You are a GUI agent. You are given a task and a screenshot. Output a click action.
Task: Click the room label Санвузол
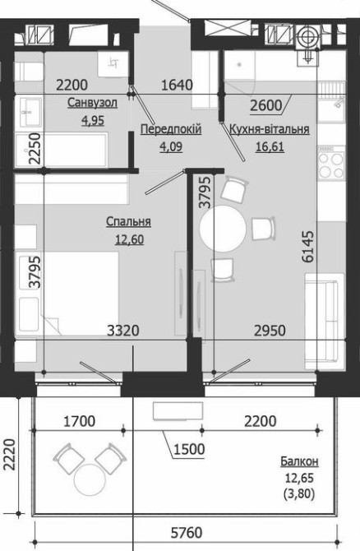tap(92, 103)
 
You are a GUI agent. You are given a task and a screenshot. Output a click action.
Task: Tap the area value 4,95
tap(93, 121)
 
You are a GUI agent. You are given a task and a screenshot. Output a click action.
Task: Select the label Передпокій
tap(171, 129)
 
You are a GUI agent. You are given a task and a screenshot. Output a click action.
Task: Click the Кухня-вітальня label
tap(270, 129)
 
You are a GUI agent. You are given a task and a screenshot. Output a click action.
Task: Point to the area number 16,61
tap(270, 146)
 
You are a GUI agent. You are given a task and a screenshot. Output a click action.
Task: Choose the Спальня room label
tap(128, 222)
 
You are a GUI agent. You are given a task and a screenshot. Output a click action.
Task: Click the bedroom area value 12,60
tap(129, 239)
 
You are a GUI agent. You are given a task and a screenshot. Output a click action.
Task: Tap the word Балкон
tap(300, 461)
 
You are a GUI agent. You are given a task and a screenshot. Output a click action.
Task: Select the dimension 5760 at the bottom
tap(187, 533)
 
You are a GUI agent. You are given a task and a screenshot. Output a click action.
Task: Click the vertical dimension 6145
tap(308, 247)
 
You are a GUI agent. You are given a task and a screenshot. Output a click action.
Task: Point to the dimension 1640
tap(177, 85)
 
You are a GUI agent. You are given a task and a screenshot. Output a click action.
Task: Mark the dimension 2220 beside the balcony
tap(10, 454)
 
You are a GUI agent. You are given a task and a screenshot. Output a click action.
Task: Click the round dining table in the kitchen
tap(223, 229)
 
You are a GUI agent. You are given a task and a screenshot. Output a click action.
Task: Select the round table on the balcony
tap(90, 479)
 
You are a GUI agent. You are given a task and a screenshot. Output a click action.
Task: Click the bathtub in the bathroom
tap(62, 150)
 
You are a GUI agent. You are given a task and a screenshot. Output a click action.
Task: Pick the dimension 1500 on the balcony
tap(189, 449)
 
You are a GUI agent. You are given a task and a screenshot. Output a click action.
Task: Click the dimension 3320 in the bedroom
tap(123, 331)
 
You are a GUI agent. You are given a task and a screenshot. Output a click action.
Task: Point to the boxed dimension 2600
tap(266, 105)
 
